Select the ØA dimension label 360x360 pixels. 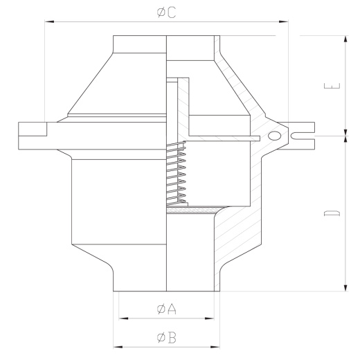166,309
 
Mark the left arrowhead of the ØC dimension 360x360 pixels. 47,22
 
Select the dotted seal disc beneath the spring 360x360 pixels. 190,209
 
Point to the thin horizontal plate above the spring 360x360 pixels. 222,138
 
